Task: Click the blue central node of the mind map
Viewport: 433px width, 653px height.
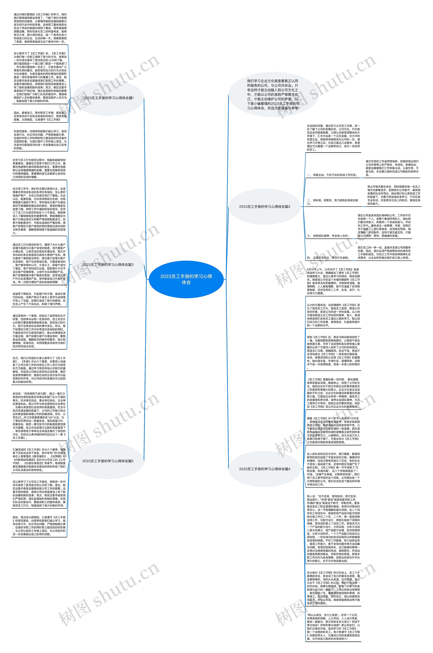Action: [x=186, y=279]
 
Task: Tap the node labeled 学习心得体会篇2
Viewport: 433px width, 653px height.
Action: [x=265, y=206]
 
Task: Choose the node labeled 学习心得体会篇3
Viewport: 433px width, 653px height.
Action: [x=108, y=264]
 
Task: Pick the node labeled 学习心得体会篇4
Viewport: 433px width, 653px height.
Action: [x=265, y=469]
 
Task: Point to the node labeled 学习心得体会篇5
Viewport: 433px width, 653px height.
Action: [x=108, y=461]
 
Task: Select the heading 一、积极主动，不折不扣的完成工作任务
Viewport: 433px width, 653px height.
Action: [x=332, y=175]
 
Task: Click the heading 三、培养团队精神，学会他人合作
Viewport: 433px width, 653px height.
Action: [x=328, y=236]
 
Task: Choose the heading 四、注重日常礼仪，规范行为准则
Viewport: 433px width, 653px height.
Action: [x=328, y=258]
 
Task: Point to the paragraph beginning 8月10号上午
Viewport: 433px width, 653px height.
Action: [x=333, y=281]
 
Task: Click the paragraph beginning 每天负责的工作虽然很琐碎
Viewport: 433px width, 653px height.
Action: [x=392, y=168]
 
